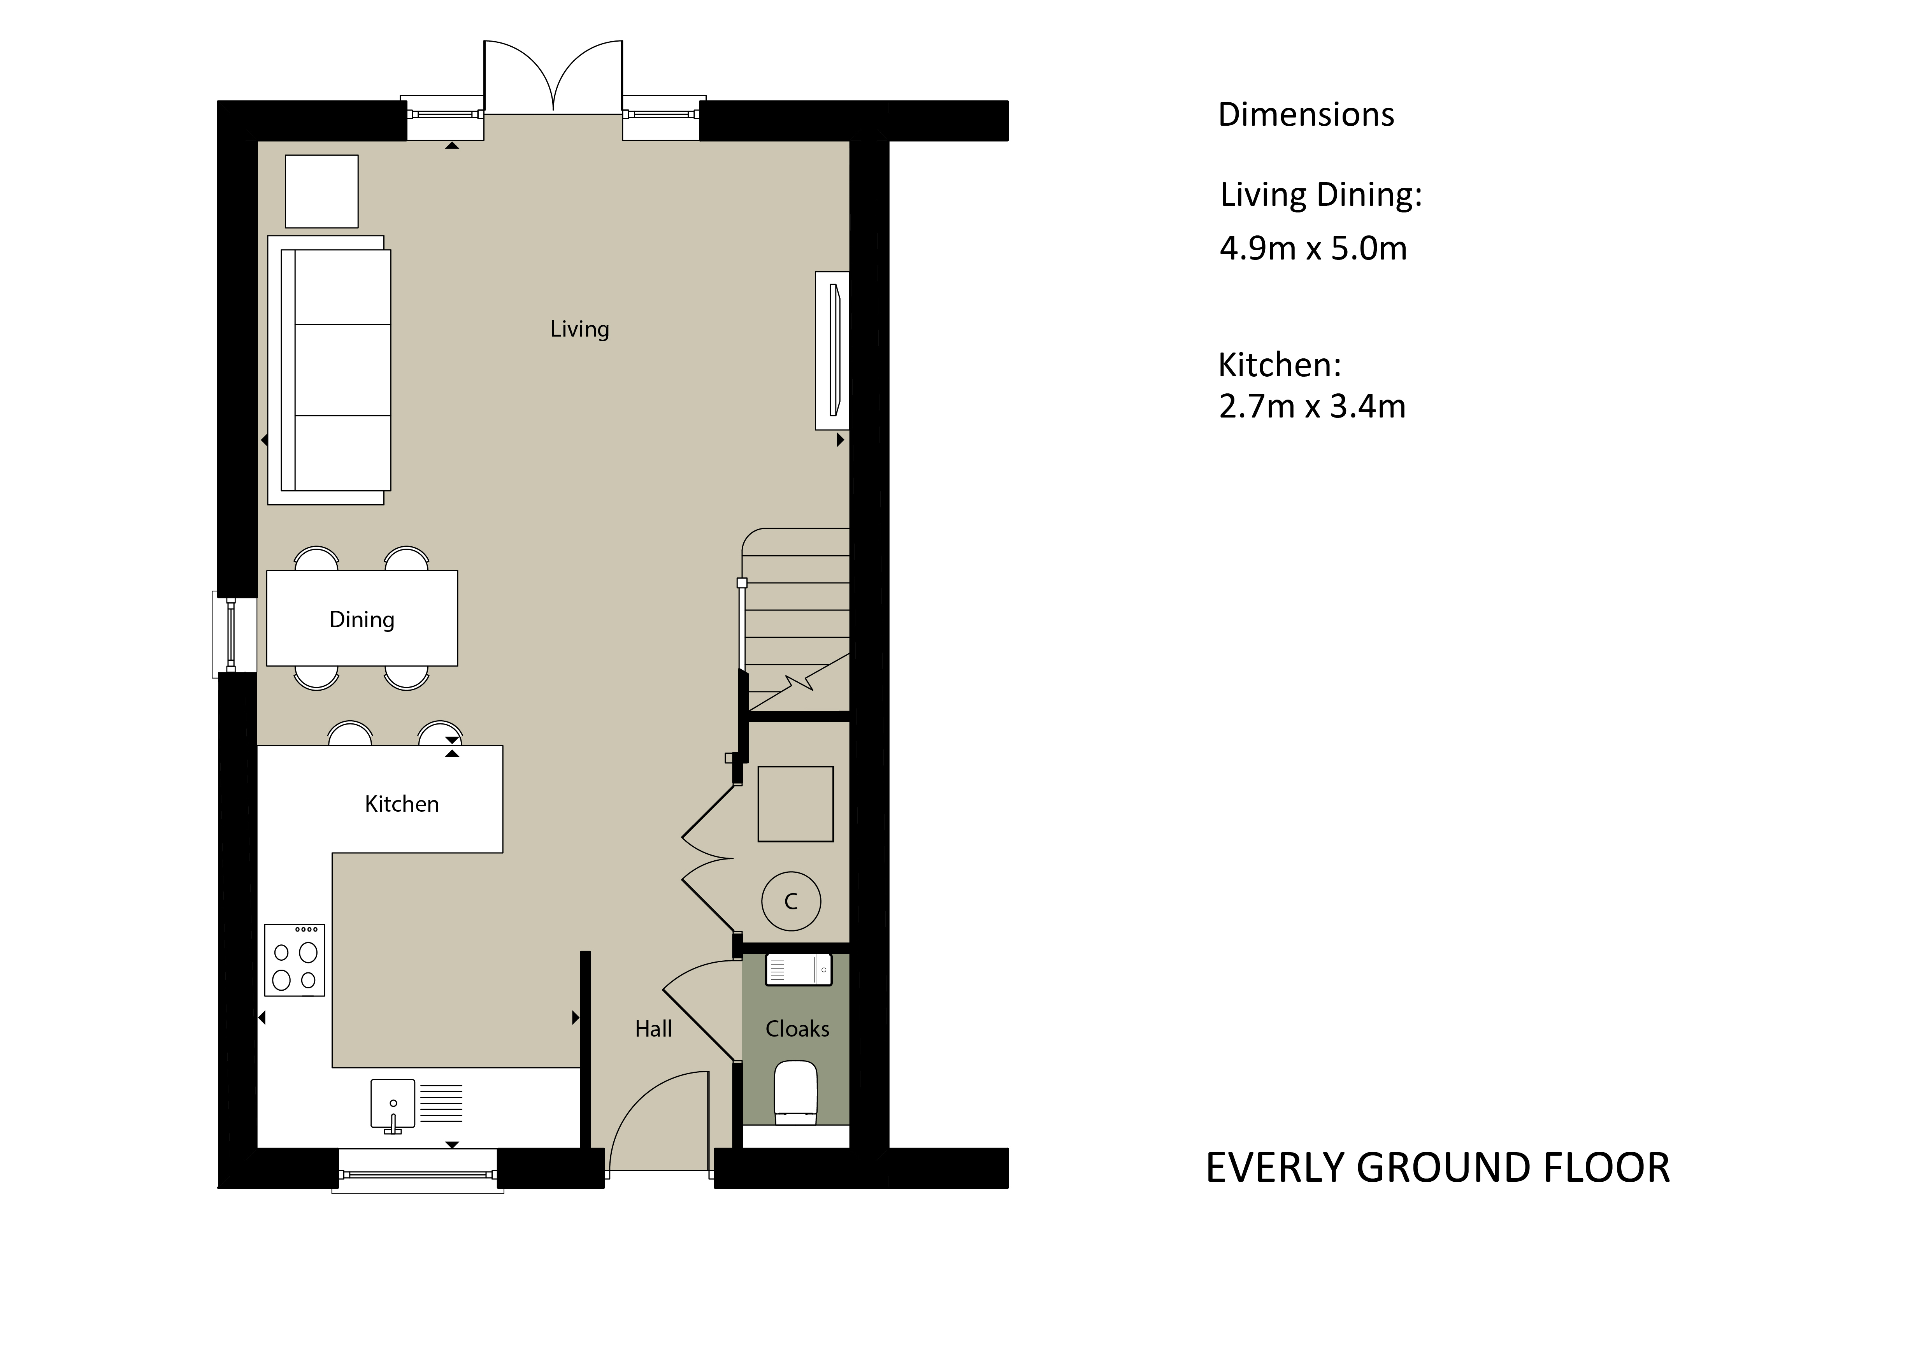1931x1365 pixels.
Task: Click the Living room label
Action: (579, 329)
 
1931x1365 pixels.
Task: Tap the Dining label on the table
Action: (362, 620)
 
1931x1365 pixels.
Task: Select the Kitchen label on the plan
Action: (402, 804)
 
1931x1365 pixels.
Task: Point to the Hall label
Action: (653, 1028)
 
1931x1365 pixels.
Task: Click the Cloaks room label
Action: (797, 1028)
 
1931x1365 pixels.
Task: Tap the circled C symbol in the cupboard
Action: (790, 901)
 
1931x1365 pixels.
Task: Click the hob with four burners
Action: (294, 960)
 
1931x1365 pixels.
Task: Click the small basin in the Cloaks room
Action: (798, 969)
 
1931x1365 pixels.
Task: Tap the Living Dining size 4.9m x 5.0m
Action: (1313, 248)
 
